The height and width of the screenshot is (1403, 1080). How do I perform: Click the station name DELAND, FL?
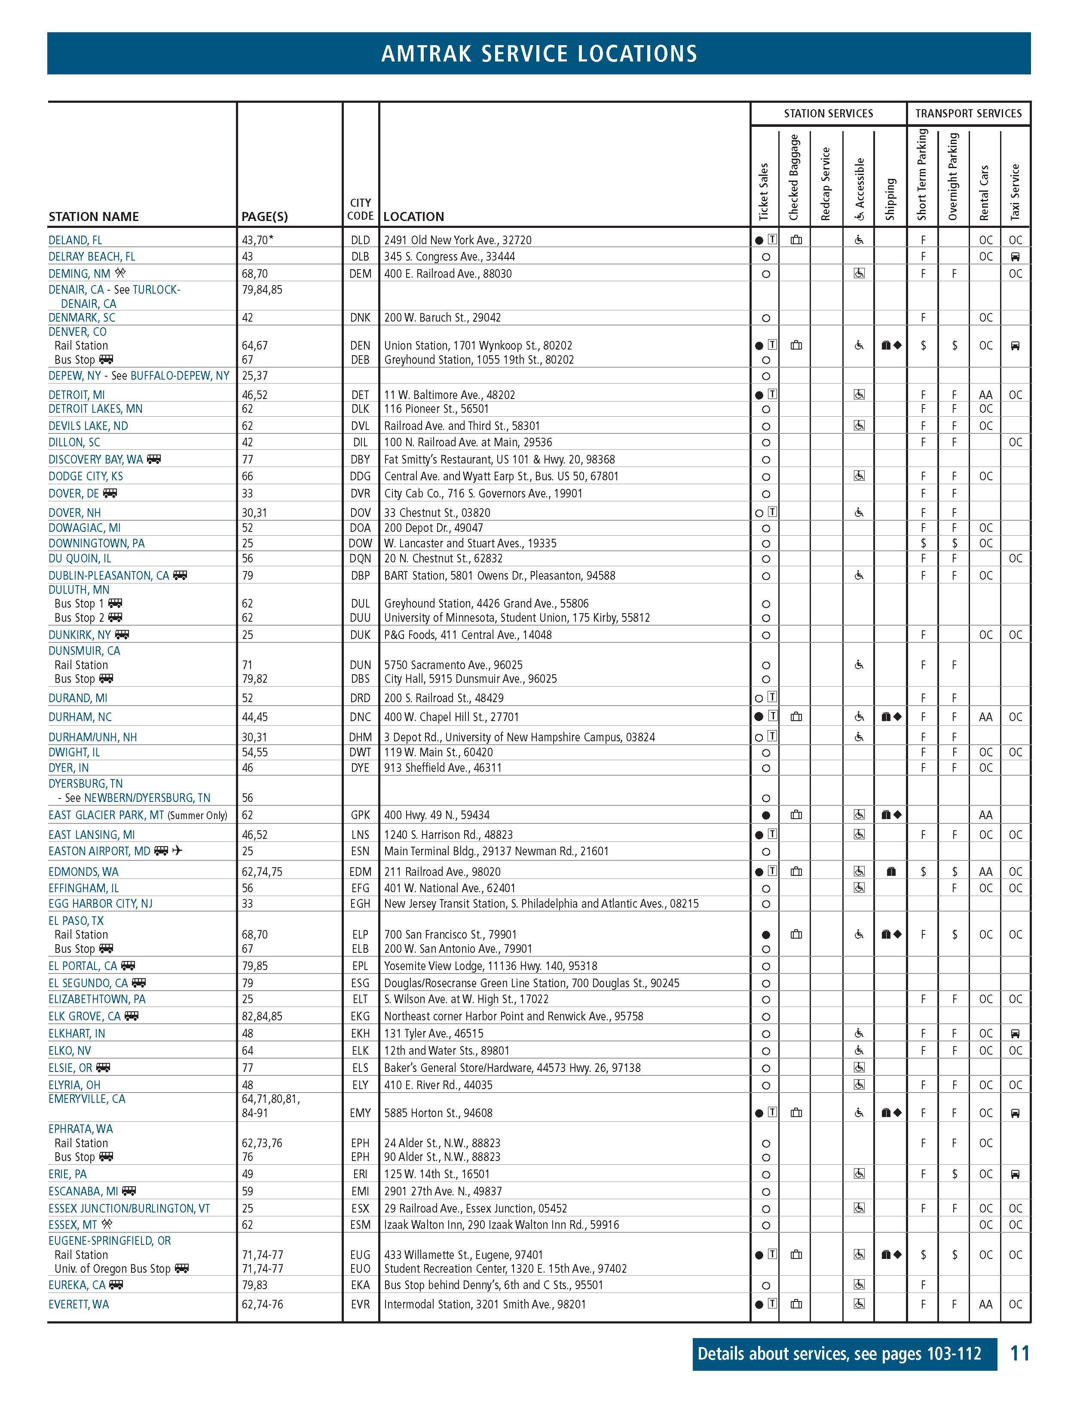pyautogui.click(x=75, y=240)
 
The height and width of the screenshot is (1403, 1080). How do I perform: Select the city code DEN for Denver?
pyautogui.click(x=360, y=346)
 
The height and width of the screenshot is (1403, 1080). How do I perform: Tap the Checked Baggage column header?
pyautogui.click(x=794, y=177)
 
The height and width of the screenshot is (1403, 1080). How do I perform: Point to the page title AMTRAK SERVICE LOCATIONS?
pyautogui.click(x=539, y=53)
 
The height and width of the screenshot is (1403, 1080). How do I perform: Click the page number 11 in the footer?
pyautogui.click(x=1020, y=1354)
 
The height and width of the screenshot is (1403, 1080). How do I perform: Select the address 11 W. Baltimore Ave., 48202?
pyautogui.click(x=450, y=395)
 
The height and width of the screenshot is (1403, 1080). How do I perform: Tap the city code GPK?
pyautogui.click(x=360, y=815)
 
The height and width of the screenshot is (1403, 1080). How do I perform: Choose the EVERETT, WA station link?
pyautogui.click(x=78, y=1304)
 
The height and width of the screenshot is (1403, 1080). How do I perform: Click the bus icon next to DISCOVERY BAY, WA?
pyautogui.click(x=153, y=459)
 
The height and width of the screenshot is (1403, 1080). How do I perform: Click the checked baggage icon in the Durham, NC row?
pyautogui.click(x=796, y=717)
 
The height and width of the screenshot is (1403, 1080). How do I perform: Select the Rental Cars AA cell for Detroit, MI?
pyautogui.click(x=985, y=395)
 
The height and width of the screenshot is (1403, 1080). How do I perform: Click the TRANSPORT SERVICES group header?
pyautogui.click(x=968, y=114)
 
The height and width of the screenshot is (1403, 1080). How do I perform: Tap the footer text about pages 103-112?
pyautogui.click(x=839, y=1354)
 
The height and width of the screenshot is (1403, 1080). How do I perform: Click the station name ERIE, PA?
pyautogui.click(x=67, y=1174)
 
